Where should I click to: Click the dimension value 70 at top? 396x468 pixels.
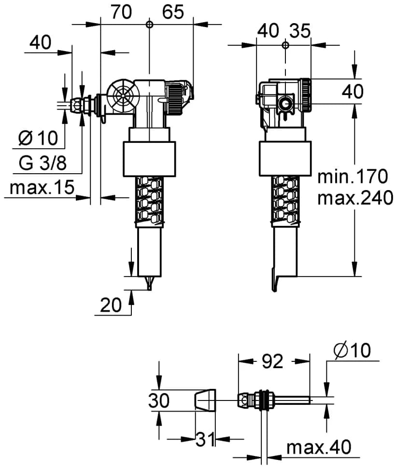tap(121, 12)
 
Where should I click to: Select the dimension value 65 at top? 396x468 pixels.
tap(173, 12)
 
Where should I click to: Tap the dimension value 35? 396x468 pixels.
tap(300, 31)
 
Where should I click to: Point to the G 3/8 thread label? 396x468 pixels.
tap(42, 163)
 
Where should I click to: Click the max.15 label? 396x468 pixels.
tap(42, 187)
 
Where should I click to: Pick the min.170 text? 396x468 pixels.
tap(353, 177)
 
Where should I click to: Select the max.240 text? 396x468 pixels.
tap(355, 198)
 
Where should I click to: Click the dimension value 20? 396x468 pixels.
tap(111, 305)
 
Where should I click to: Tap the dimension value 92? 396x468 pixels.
tap(272, 361)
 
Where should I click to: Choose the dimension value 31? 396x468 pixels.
tap(205, 440)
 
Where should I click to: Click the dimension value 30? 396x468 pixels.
tap(159, 400)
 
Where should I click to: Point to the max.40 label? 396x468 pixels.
tap(319, 447)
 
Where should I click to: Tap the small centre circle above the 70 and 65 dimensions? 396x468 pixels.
tap(149, 24)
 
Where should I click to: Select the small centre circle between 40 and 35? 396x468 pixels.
tap(285, 45)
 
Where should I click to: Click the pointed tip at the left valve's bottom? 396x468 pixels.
tap(150, 289)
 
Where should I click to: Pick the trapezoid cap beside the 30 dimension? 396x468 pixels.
tap(205, 400)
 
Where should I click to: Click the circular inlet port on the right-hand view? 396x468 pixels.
tap(285, 104)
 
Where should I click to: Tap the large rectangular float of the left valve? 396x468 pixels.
tap(149, 159)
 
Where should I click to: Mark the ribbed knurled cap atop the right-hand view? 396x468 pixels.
tap(306, 95)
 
